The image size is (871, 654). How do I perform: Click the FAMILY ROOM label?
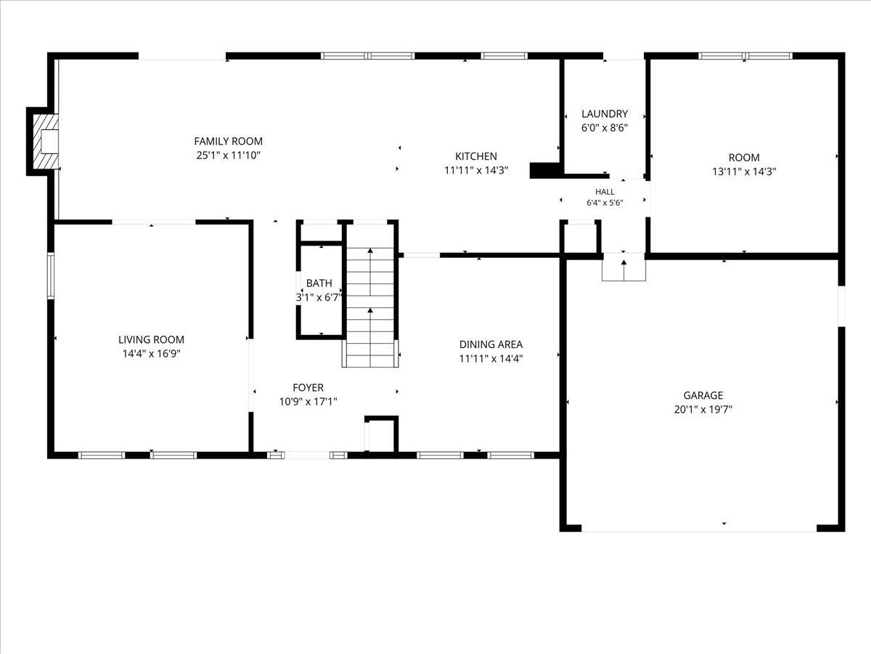tap(228, 141)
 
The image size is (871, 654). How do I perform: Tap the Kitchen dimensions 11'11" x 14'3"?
tap(476, 170)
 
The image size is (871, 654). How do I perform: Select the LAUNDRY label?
tap(605, 114)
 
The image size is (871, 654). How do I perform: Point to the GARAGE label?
tap(703, 395)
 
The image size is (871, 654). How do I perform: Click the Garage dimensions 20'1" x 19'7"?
tap(703, 409)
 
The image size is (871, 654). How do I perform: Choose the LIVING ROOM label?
tap(151, 339)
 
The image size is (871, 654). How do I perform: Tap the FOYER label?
tap(308, 387)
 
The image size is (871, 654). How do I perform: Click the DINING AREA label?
tap(491, 344)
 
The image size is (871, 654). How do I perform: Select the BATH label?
tap(319, 283)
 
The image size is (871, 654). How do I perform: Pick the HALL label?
tap(605, 192)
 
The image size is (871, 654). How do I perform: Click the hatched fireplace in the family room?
tap(45, 142)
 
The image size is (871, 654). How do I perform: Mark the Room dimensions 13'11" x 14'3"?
tap(744, 171)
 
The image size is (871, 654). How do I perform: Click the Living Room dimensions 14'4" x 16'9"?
tap(151, 354)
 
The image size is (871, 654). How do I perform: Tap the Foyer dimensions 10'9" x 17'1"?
tap(308, 402)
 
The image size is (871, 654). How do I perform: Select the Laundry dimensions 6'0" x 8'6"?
tap(605, 128)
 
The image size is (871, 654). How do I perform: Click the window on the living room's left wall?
tap(51, 275)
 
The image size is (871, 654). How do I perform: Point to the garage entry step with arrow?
tap(623, 267)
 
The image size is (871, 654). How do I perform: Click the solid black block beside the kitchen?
tap(546, 170)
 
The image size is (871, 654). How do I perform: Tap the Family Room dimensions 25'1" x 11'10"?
tap(228, 156)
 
